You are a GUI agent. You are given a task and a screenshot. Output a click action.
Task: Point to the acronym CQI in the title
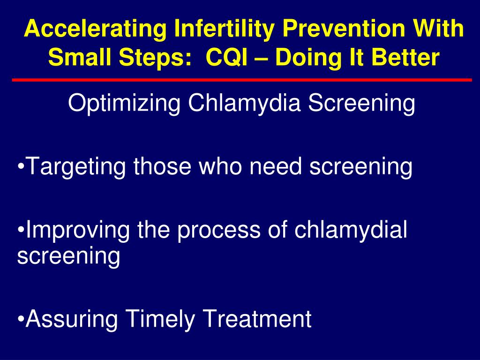coord(226,57)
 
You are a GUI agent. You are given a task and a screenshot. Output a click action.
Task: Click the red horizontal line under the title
coord(242,80)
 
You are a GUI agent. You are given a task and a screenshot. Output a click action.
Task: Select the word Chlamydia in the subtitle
coord(244,104)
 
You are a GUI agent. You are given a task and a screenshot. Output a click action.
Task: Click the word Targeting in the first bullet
coord(76,167)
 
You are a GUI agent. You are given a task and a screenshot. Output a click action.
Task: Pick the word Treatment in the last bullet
coord(257,319)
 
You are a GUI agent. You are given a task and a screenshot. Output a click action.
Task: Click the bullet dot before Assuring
coord(21,319)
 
